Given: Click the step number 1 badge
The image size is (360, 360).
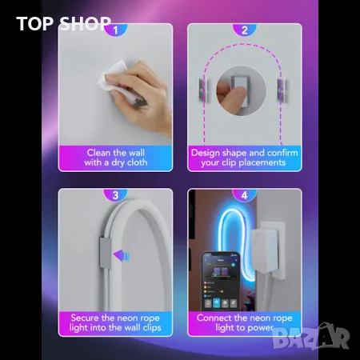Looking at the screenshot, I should pos(116,30).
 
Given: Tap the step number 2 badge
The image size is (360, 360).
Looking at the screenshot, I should pos(244,30).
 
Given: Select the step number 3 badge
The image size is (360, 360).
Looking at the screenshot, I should pos(116,194).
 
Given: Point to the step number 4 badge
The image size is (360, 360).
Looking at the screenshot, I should pos(244,194).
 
